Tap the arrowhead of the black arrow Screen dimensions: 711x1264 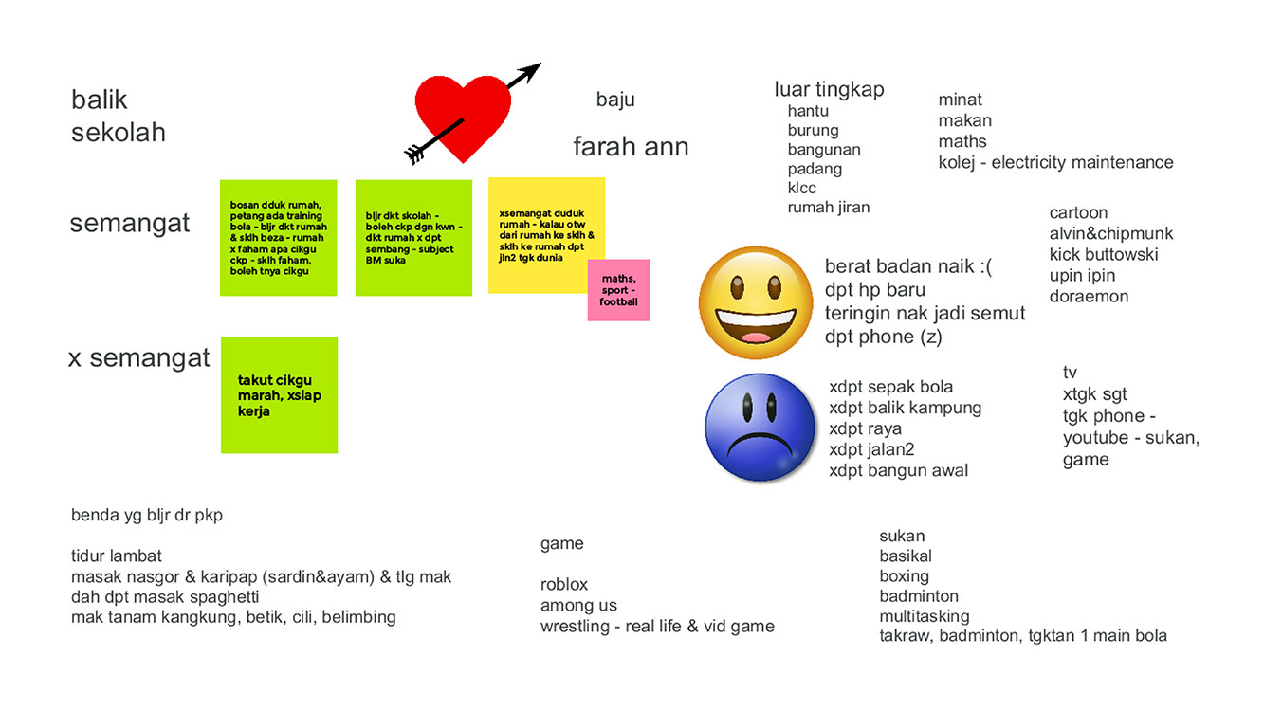532,70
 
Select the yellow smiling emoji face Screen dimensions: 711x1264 756,301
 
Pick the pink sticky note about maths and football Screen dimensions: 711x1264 618,290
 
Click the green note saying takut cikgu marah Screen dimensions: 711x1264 279,395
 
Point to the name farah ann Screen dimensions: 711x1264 631,147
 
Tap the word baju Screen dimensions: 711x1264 615,100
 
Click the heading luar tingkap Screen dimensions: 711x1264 829,89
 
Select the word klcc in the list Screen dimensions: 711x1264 801,188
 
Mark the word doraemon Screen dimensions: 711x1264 1089,297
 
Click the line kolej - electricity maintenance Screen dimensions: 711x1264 1055,162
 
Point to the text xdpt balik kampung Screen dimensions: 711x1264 905,408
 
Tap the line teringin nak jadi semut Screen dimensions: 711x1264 925,313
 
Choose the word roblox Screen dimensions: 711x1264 564,584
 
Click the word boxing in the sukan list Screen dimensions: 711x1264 904,576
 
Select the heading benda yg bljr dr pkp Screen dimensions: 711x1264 147,516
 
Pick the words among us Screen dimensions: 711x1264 578,605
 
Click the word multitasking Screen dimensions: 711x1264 924,616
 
